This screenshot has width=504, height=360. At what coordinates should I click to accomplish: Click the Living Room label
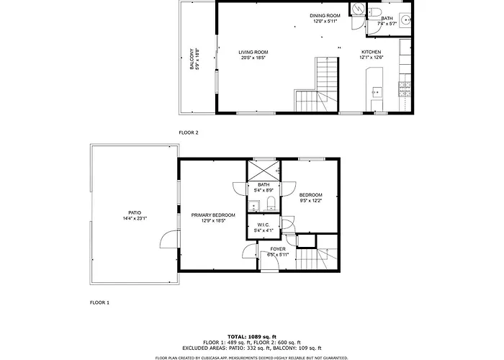[x=253, y=52]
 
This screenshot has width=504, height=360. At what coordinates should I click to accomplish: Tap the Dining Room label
[x=325, y=15]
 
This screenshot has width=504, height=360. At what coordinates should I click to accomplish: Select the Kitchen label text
[x=372, y=52]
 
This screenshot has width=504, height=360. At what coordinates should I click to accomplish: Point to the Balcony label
[x=192, y=59]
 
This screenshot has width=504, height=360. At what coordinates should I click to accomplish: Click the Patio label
[x=135, y=212]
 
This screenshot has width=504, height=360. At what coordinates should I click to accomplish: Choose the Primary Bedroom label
[x=213, y=215]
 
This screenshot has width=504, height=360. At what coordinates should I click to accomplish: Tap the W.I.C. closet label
[x=264, y=225]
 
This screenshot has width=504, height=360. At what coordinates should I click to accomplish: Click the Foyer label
[x=278, y=249]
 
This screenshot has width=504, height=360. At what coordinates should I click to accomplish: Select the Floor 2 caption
[x=189, y=132]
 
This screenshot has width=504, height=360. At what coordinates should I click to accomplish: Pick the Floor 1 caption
[x=99, y=302]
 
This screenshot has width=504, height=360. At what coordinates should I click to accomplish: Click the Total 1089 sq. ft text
[x=252, y=337]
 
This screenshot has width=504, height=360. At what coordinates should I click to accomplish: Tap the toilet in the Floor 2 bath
[x=374, y=12]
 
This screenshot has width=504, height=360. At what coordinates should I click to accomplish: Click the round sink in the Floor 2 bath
[x=405, y=19]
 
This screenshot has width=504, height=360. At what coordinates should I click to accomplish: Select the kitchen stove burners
[x=405, y=89]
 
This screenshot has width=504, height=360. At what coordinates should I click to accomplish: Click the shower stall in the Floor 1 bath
[x=264, y=171]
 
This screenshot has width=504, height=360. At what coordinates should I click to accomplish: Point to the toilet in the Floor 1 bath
[x=271, y=203]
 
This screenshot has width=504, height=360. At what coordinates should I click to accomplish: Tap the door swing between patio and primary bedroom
[x=169, y=239]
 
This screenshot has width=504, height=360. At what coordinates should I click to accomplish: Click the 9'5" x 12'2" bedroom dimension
[x=310, y=201]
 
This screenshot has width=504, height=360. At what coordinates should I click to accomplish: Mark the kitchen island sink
[x=377, y=93]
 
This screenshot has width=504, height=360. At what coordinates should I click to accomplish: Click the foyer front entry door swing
[x=269, y=261]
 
